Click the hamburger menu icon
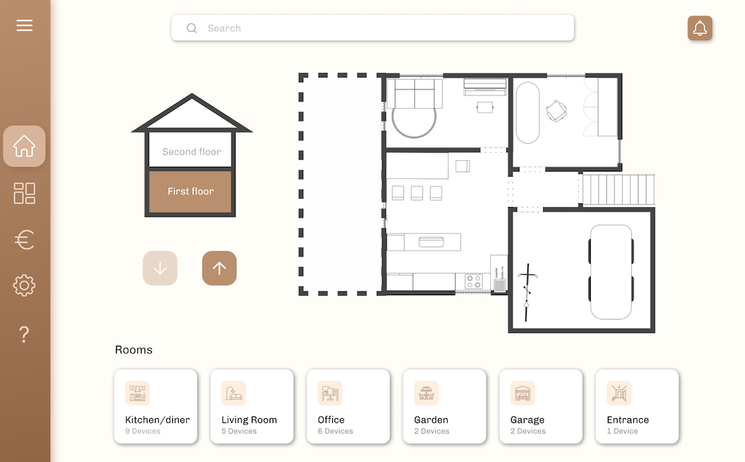coord(25,26)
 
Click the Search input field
coord(372,28)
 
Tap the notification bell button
coord(700,28)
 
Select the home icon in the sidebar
coord(25,146)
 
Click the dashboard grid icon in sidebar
coord(25,194)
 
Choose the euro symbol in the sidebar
coord(25,240)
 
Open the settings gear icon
coord(25,285)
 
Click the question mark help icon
coord(25,335)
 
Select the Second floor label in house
coord(191,151)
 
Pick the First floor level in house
coord(191,192)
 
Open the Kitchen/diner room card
coord(156,407)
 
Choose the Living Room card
coord(252,407)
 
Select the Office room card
coord(348,407)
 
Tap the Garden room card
coord(444,407)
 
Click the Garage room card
coord(540,407)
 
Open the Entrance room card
coord(637,407)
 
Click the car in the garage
coord(611,271)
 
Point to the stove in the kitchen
coord(474,282)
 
